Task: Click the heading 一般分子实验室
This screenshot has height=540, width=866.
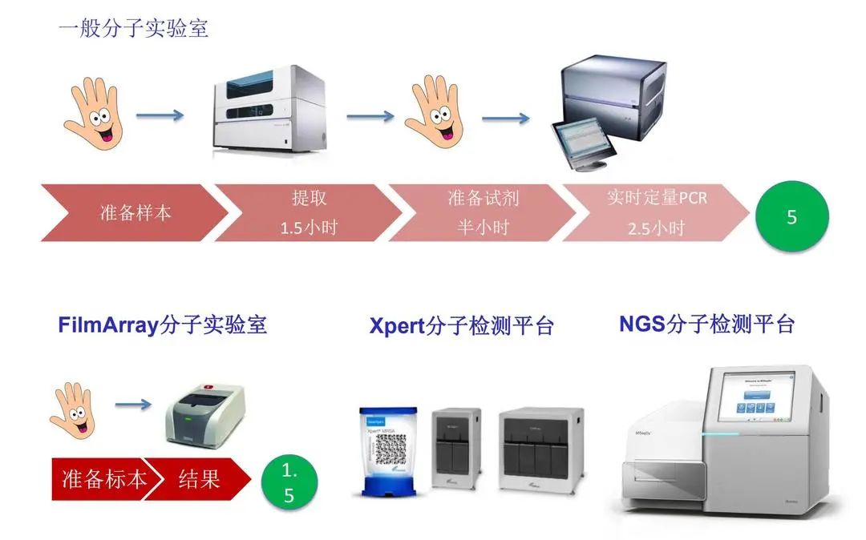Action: tap(133, 28)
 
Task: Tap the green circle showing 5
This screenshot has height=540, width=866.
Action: tap(791, 216)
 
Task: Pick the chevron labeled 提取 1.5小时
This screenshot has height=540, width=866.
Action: tap(309, 213)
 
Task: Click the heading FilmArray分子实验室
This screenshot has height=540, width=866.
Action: tap(162, 324)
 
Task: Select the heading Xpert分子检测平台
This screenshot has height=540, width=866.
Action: tap(461, 326)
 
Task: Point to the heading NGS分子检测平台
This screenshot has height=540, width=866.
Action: tap(706, 324)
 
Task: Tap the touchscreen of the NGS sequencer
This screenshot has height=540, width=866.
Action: tap(757, 397)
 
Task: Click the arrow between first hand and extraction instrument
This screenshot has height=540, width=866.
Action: tap(160, 116)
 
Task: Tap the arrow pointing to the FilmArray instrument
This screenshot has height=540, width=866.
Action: tap(133, 405)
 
